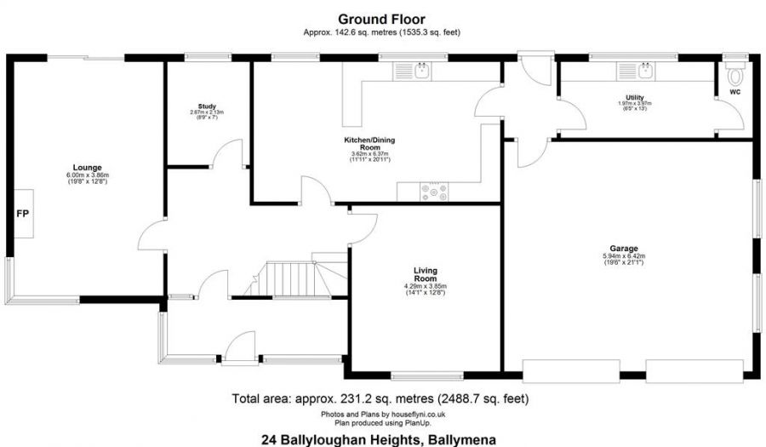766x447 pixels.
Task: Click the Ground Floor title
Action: click(381, 19)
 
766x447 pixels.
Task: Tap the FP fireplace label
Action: click(22, 212)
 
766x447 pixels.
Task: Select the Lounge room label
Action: click(88, 168)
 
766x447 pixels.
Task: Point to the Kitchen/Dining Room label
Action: click(369, 143)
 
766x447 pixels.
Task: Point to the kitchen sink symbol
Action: click(422, 72)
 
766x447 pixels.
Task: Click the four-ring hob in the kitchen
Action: click(437, 192)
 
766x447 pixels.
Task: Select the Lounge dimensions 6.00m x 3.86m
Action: click(88, 175)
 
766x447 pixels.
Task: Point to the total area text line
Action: click(380, 398)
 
